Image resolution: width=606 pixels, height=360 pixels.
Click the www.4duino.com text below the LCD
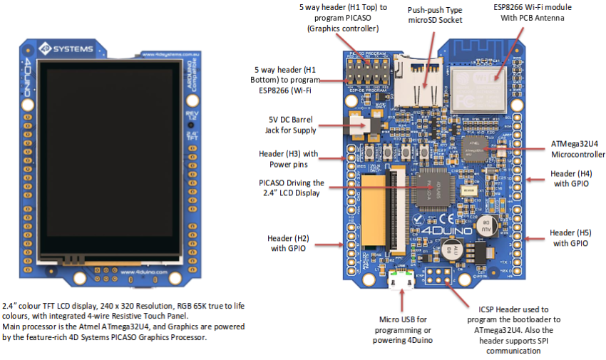[143, 272]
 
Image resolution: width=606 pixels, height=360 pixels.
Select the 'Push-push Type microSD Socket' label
[434, 15]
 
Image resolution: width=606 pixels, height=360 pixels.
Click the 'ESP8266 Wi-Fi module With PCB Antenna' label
[533, 12]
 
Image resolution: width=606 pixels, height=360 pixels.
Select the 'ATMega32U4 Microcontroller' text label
[577, 149]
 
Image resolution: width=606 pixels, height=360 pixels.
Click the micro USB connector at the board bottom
[404, 282]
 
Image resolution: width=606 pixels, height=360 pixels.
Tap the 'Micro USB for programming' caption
[402, 329]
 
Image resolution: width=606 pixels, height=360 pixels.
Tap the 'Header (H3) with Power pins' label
[287, 158]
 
